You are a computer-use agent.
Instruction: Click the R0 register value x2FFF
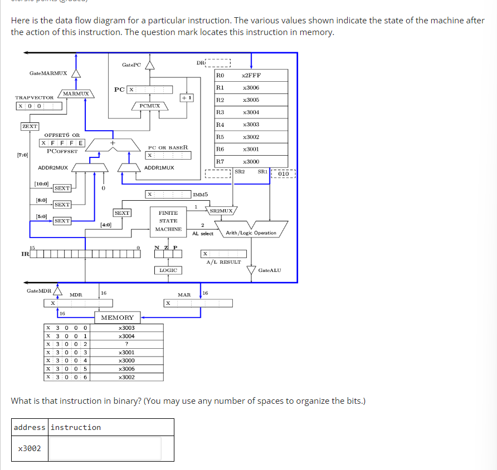coord(251,75)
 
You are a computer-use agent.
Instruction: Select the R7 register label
coord(220,161)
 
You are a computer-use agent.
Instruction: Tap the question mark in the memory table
coord(127,344)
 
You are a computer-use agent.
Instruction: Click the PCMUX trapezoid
coord(150,106)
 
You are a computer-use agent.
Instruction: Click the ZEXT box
coord(30,126)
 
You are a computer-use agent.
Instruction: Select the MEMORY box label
coord(117,318)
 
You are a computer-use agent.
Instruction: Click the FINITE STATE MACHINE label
coord(168,221)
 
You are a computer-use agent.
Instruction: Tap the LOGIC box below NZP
coord(168,270)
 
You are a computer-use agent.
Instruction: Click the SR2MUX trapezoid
coord(222,211)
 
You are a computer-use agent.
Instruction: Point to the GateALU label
coord(270,270)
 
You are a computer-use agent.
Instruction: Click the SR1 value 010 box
coord(283,174)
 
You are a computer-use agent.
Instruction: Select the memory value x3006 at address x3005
coord(127,369)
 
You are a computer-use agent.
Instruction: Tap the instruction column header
coord(76,427)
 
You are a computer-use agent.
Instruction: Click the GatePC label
coord(131,65)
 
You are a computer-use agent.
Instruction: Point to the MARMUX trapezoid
coord(76,94)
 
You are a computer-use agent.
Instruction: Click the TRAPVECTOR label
coord(35,97)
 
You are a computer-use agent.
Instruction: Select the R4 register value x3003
coord(251,125)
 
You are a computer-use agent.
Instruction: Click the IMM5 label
coord(201,195)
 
